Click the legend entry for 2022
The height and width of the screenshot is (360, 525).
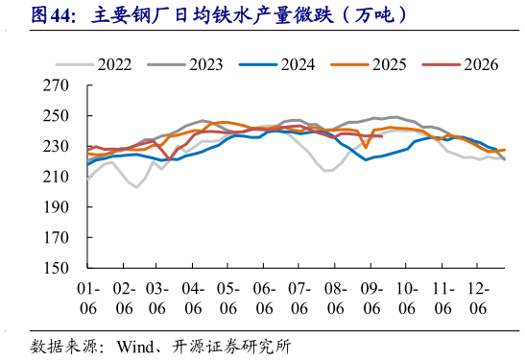click(94, 64)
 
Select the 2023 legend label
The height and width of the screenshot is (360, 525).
click(185, 64)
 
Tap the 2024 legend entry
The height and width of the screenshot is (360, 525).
click(277, 64)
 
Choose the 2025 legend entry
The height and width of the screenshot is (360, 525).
click(369, 64)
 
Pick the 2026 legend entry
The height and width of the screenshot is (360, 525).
click(460, 64)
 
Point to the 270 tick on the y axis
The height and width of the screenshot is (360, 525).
click(56, 85)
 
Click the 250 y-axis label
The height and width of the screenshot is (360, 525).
click(56, 116)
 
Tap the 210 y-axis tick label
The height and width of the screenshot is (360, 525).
click(56, 177)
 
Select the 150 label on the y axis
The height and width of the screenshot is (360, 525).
click(56, 268)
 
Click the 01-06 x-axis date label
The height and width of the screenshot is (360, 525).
click(88, 299)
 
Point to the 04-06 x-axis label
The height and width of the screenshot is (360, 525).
click(193, 299)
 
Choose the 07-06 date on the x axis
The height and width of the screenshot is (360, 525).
click(299, 299)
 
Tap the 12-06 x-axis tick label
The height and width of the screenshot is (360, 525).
click(478, 299)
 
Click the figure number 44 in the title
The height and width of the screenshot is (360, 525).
click(60, 15)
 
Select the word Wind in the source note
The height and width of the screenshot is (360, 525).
click(135, 347)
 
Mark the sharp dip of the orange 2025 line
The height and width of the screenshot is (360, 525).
click(366, 147)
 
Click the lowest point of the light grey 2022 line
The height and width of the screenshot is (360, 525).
click(136, 187)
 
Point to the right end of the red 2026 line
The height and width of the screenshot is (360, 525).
click(382, 136)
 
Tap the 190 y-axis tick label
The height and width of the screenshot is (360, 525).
click(56, 207)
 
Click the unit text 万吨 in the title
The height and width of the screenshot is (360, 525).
click(374, 15)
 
